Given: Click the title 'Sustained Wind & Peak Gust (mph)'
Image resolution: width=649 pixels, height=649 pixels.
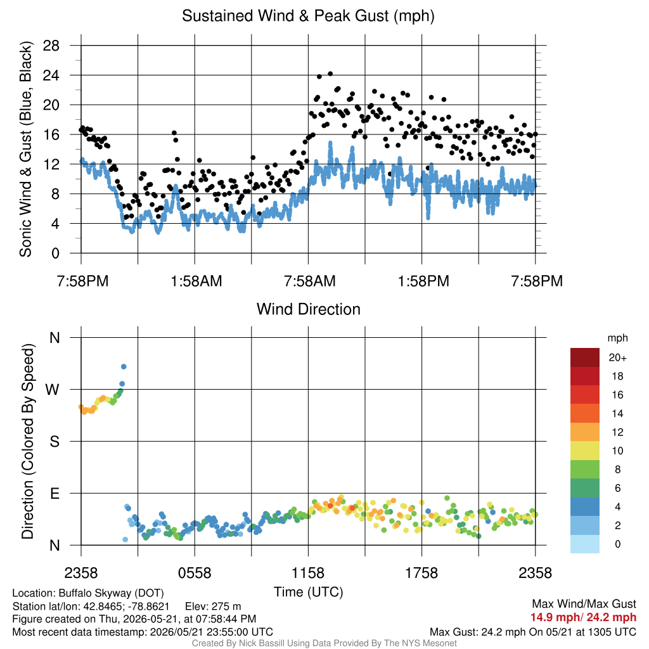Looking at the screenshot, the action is (x=309, y=16).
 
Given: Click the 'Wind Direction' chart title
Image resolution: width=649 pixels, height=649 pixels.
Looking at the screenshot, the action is (x=309, y=309).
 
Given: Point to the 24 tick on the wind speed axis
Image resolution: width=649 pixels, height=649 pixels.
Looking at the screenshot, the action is (x=51, y=75).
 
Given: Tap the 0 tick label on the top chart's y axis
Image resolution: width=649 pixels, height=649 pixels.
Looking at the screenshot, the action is (x=56, y=254).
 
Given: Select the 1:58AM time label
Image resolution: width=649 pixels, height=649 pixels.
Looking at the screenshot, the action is (x=196, y=281).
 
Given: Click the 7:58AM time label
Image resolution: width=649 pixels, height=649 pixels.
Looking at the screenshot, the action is (x=309, y=281).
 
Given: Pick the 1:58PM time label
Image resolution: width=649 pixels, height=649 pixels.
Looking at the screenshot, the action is (x=423, y=281).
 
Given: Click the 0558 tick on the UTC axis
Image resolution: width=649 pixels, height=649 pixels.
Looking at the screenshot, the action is (x=195, y=573).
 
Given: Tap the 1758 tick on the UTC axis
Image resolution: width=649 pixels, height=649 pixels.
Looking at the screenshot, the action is (x=421, y=573).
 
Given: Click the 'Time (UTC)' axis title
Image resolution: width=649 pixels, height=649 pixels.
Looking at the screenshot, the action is (x=309, y=592).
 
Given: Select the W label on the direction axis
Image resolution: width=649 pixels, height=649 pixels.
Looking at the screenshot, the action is (x=53, y=390).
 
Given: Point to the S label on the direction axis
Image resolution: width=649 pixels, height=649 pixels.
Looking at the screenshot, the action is (x=55, y=442).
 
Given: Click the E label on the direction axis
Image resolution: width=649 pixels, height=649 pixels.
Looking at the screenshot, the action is (x=55, y=493).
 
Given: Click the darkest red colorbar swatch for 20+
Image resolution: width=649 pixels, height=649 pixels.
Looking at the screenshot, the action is (x=584, y=357).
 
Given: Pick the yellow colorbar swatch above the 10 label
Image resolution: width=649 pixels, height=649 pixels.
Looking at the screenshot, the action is (x=584, y=451).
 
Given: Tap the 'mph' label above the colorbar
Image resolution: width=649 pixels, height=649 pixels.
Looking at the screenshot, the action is (x=617, y=338).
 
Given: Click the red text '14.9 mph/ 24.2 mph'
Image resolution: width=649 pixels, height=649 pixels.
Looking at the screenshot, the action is (x=583, y=617).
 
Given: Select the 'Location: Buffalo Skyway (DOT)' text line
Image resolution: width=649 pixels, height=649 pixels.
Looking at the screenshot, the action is (x=88, y=593).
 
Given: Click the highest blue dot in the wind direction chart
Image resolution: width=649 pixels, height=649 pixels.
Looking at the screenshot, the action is (x=124, y=367).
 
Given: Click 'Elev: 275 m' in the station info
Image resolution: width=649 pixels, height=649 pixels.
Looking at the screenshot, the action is (x=213, y=607).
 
